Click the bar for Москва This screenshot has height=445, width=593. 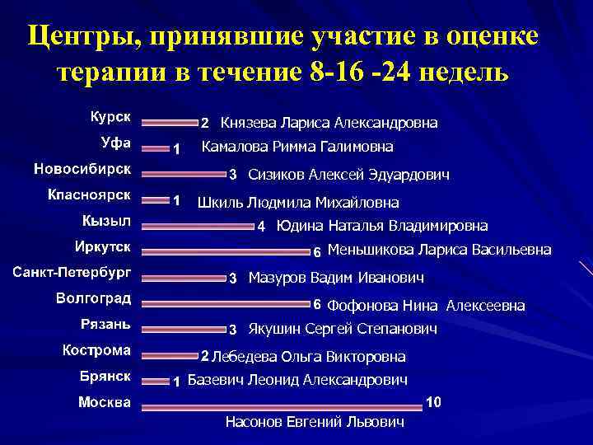pyautogui.click(x=282, y=406)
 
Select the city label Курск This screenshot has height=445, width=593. pyautogui.click(x=110, y=116)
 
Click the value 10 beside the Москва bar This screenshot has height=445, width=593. pyautogui.click(x=434, y=402)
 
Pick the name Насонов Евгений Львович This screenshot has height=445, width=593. pyautogui.click(x=315, y=422)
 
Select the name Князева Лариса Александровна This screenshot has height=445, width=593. pyautogui.click(x=329, y=124)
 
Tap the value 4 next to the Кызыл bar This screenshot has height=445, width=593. pyautogui.click(x=261, y=226)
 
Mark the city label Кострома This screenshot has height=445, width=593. pyautogui.click(x=97, y=350)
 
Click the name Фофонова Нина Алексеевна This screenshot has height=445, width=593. pyautogui.click(x=426, y=306)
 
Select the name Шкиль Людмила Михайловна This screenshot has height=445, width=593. pyautogui.click(x=298, y=202)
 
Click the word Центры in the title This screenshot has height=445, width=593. pyautogui.click(x=74, y=36)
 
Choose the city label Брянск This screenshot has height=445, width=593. pyautogui.click(x=105, y=376)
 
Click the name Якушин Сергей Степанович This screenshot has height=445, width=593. pyautogui.click(x=342, y=329)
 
